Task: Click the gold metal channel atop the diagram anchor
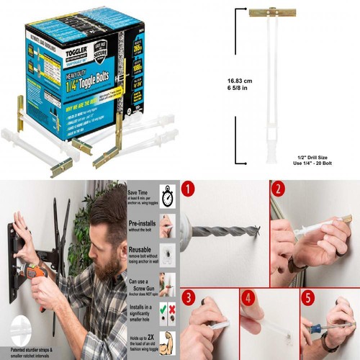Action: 267,12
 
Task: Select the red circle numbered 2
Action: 278,191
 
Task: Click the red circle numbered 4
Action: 248,297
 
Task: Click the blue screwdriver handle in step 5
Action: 319,329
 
